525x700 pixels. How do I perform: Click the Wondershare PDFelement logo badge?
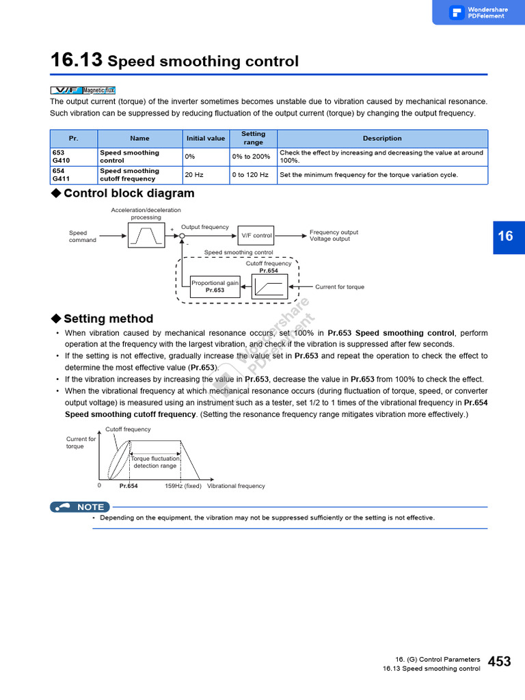coord(478,12)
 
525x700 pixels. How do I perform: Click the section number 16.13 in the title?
coord(77,61)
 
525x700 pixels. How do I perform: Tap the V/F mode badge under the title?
coord(66,90)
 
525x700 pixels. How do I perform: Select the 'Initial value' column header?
coord(206,138)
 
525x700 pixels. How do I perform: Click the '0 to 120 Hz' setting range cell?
coord(250,175)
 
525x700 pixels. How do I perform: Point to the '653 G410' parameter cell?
coord(74,157)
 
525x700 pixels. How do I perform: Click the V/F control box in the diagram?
coord(256,235)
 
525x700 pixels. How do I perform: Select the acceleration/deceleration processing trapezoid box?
coord(146,235)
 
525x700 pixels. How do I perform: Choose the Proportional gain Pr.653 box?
coord(215,286)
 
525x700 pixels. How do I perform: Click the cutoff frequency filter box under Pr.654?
coord(270,286)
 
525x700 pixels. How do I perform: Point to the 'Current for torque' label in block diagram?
coord(340,287)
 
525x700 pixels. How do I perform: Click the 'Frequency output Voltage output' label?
coord(334,236)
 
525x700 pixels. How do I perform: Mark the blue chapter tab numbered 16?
coord(505,237)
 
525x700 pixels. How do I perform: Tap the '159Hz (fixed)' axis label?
coord(183,486)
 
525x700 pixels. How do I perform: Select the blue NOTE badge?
coord(79,507)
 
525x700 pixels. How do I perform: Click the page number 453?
coord(500,661)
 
